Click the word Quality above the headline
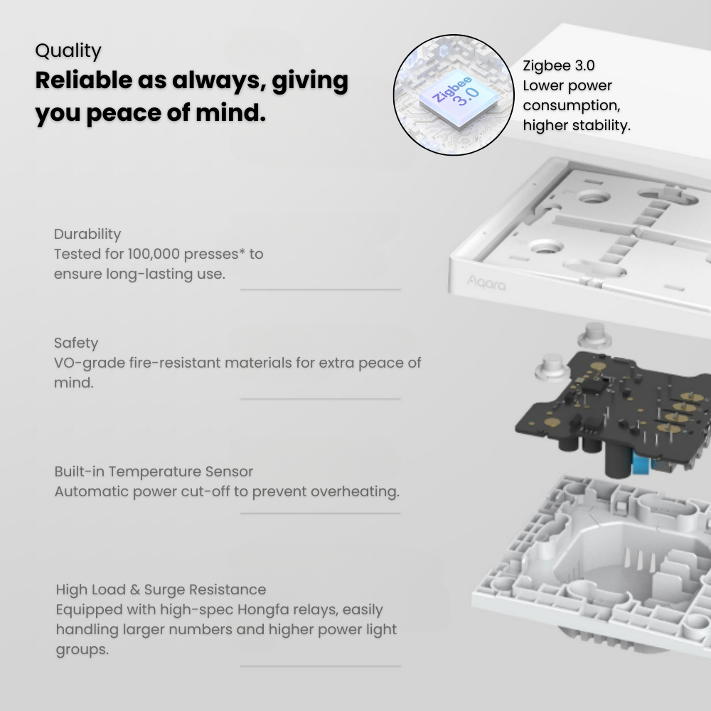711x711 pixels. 68,51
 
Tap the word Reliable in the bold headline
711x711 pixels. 83,80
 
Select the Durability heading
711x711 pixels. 87,234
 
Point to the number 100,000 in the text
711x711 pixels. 154,254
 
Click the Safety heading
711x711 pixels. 76,343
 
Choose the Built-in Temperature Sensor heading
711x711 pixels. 154,471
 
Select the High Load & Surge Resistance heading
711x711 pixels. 161,589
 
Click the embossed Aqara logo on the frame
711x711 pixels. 486,284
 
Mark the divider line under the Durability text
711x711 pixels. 321,289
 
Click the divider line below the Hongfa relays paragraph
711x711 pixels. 321,666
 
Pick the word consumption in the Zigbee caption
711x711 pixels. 572,105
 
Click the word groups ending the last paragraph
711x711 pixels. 82,649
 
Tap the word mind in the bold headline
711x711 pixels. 231,112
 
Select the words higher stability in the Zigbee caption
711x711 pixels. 577,125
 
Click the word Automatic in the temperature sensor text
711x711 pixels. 91,491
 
